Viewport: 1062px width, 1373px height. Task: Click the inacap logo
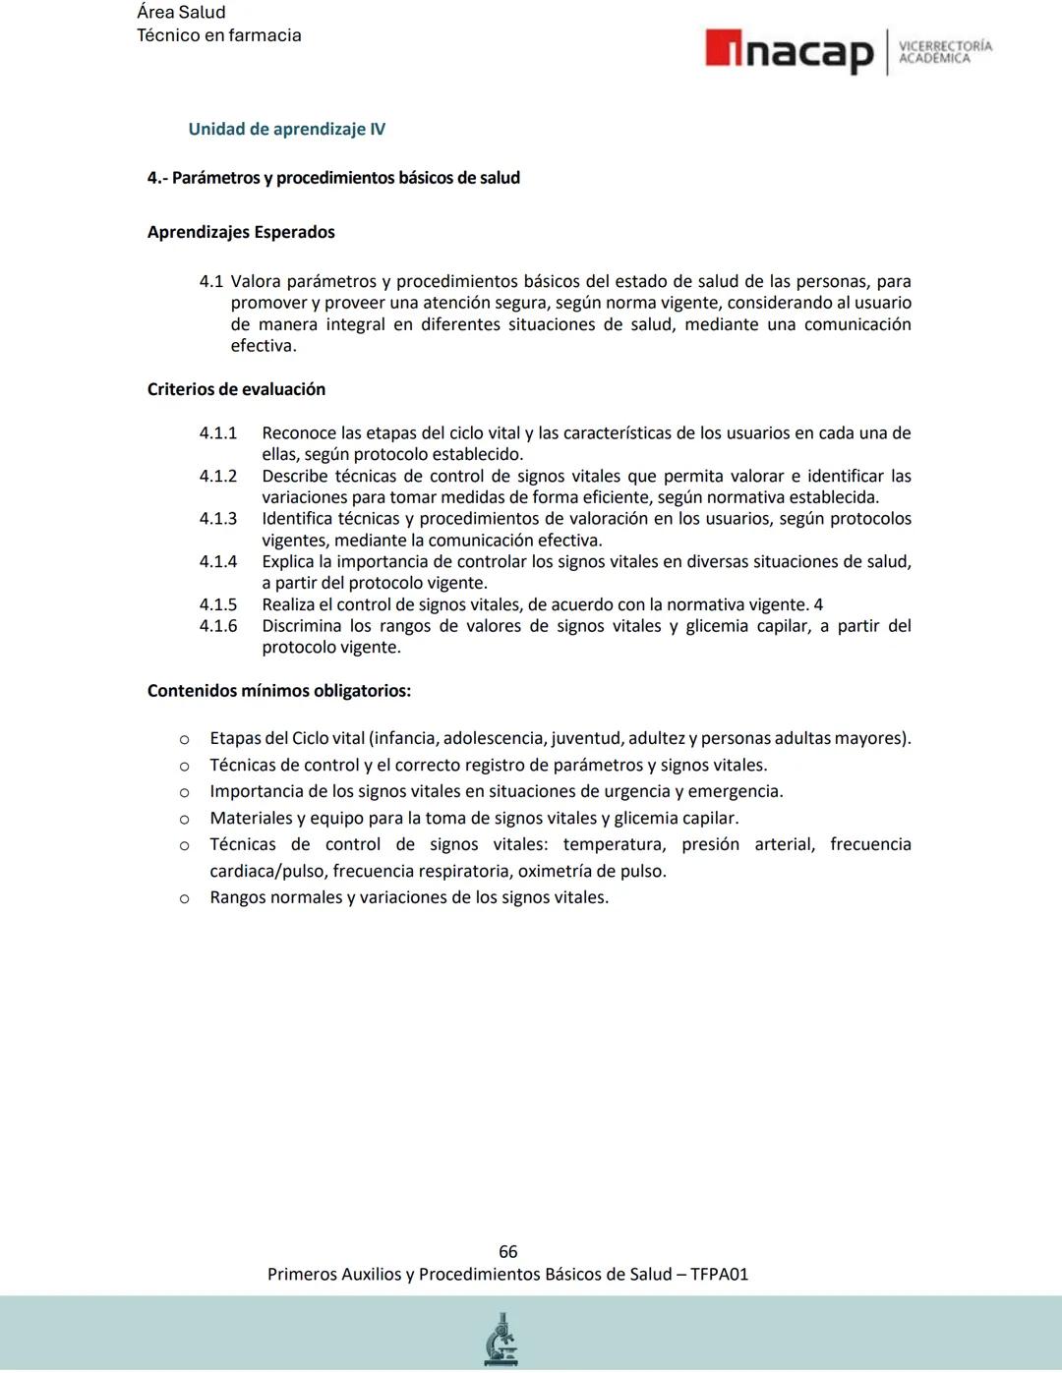click(789, 51)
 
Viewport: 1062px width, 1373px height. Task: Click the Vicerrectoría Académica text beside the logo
click(945, 52)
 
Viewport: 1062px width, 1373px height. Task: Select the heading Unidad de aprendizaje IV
click(286, 129)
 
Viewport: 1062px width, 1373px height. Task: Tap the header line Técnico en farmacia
click(218, 35)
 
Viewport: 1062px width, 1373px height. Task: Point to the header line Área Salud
click(181, 13)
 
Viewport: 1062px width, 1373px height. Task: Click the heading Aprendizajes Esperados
click(241, 232)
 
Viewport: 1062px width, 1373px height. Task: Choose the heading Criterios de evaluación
click(236, 389)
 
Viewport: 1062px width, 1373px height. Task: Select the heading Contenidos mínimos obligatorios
click(278, 691)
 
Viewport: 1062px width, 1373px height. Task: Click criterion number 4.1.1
click(218, 433)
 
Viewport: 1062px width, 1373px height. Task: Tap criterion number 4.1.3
click(218, 519)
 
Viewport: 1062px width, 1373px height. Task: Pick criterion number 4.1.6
click(218, 626)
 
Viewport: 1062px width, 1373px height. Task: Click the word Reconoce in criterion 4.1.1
click(299, 433)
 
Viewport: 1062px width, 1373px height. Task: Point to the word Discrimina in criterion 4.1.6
click(302, 626)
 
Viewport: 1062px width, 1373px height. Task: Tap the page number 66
click(507, 1251)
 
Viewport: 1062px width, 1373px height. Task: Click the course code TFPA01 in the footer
click(719, 1274)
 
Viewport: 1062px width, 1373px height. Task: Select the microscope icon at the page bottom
click(501, 1339)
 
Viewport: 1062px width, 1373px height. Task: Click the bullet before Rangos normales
click(184, 898)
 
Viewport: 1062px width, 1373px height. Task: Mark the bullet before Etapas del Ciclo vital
click(184, 739)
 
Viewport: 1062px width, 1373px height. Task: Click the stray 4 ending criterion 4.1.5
click(818, 605)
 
